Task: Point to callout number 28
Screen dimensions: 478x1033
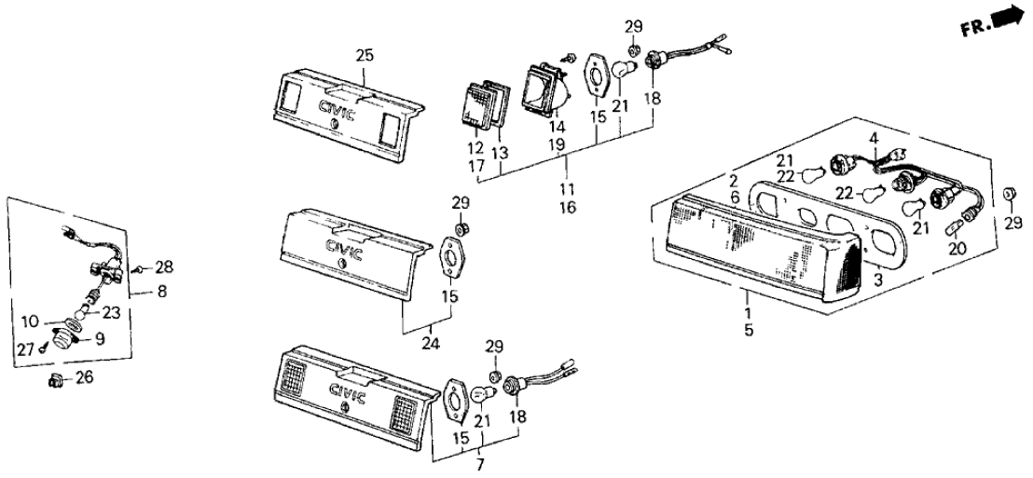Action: click(x=163, y=268)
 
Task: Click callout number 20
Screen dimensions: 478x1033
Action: click(x=957, y=250)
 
